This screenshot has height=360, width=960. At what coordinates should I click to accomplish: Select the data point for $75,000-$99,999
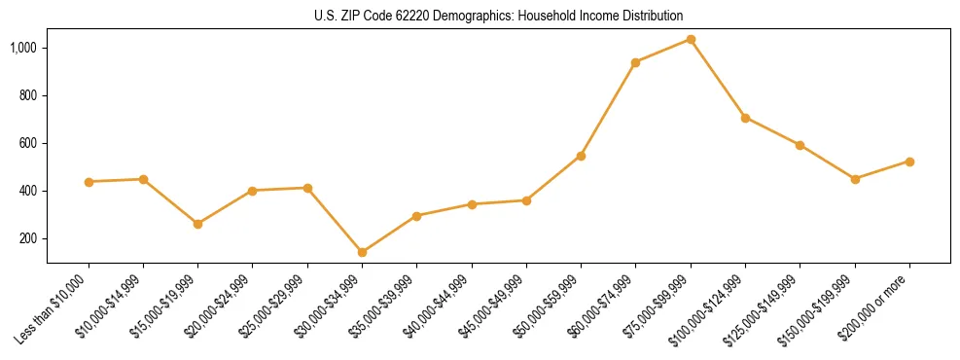pos(691,40)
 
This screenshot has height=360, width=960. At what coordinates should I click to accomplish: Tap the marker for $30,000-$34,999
pos(362,252)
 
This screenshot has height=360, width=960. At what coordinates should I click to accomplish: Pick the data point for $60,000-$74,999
pos(635,62)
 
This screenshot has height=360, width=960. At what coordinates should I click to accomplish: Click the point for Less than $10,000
pos(89,182)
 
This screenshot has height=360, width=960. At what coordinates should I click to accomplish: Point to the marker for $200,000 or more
pos(909,162)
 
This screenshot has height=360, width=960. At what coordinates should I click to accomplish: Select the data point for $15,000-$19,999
pos(198,224)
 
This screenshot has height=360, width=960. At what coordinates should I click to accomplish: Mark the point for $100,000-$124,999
pos(745,118)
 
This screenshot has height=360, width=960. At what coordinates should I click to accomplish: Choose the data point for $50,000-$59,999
pos(581,156)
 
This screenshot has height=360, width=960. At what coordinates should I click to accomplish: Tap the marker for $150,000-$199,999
pos(855,179)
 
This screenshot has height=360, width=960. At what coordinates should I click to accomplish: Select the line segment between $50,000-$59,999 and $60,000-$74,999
pos(608,109)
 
